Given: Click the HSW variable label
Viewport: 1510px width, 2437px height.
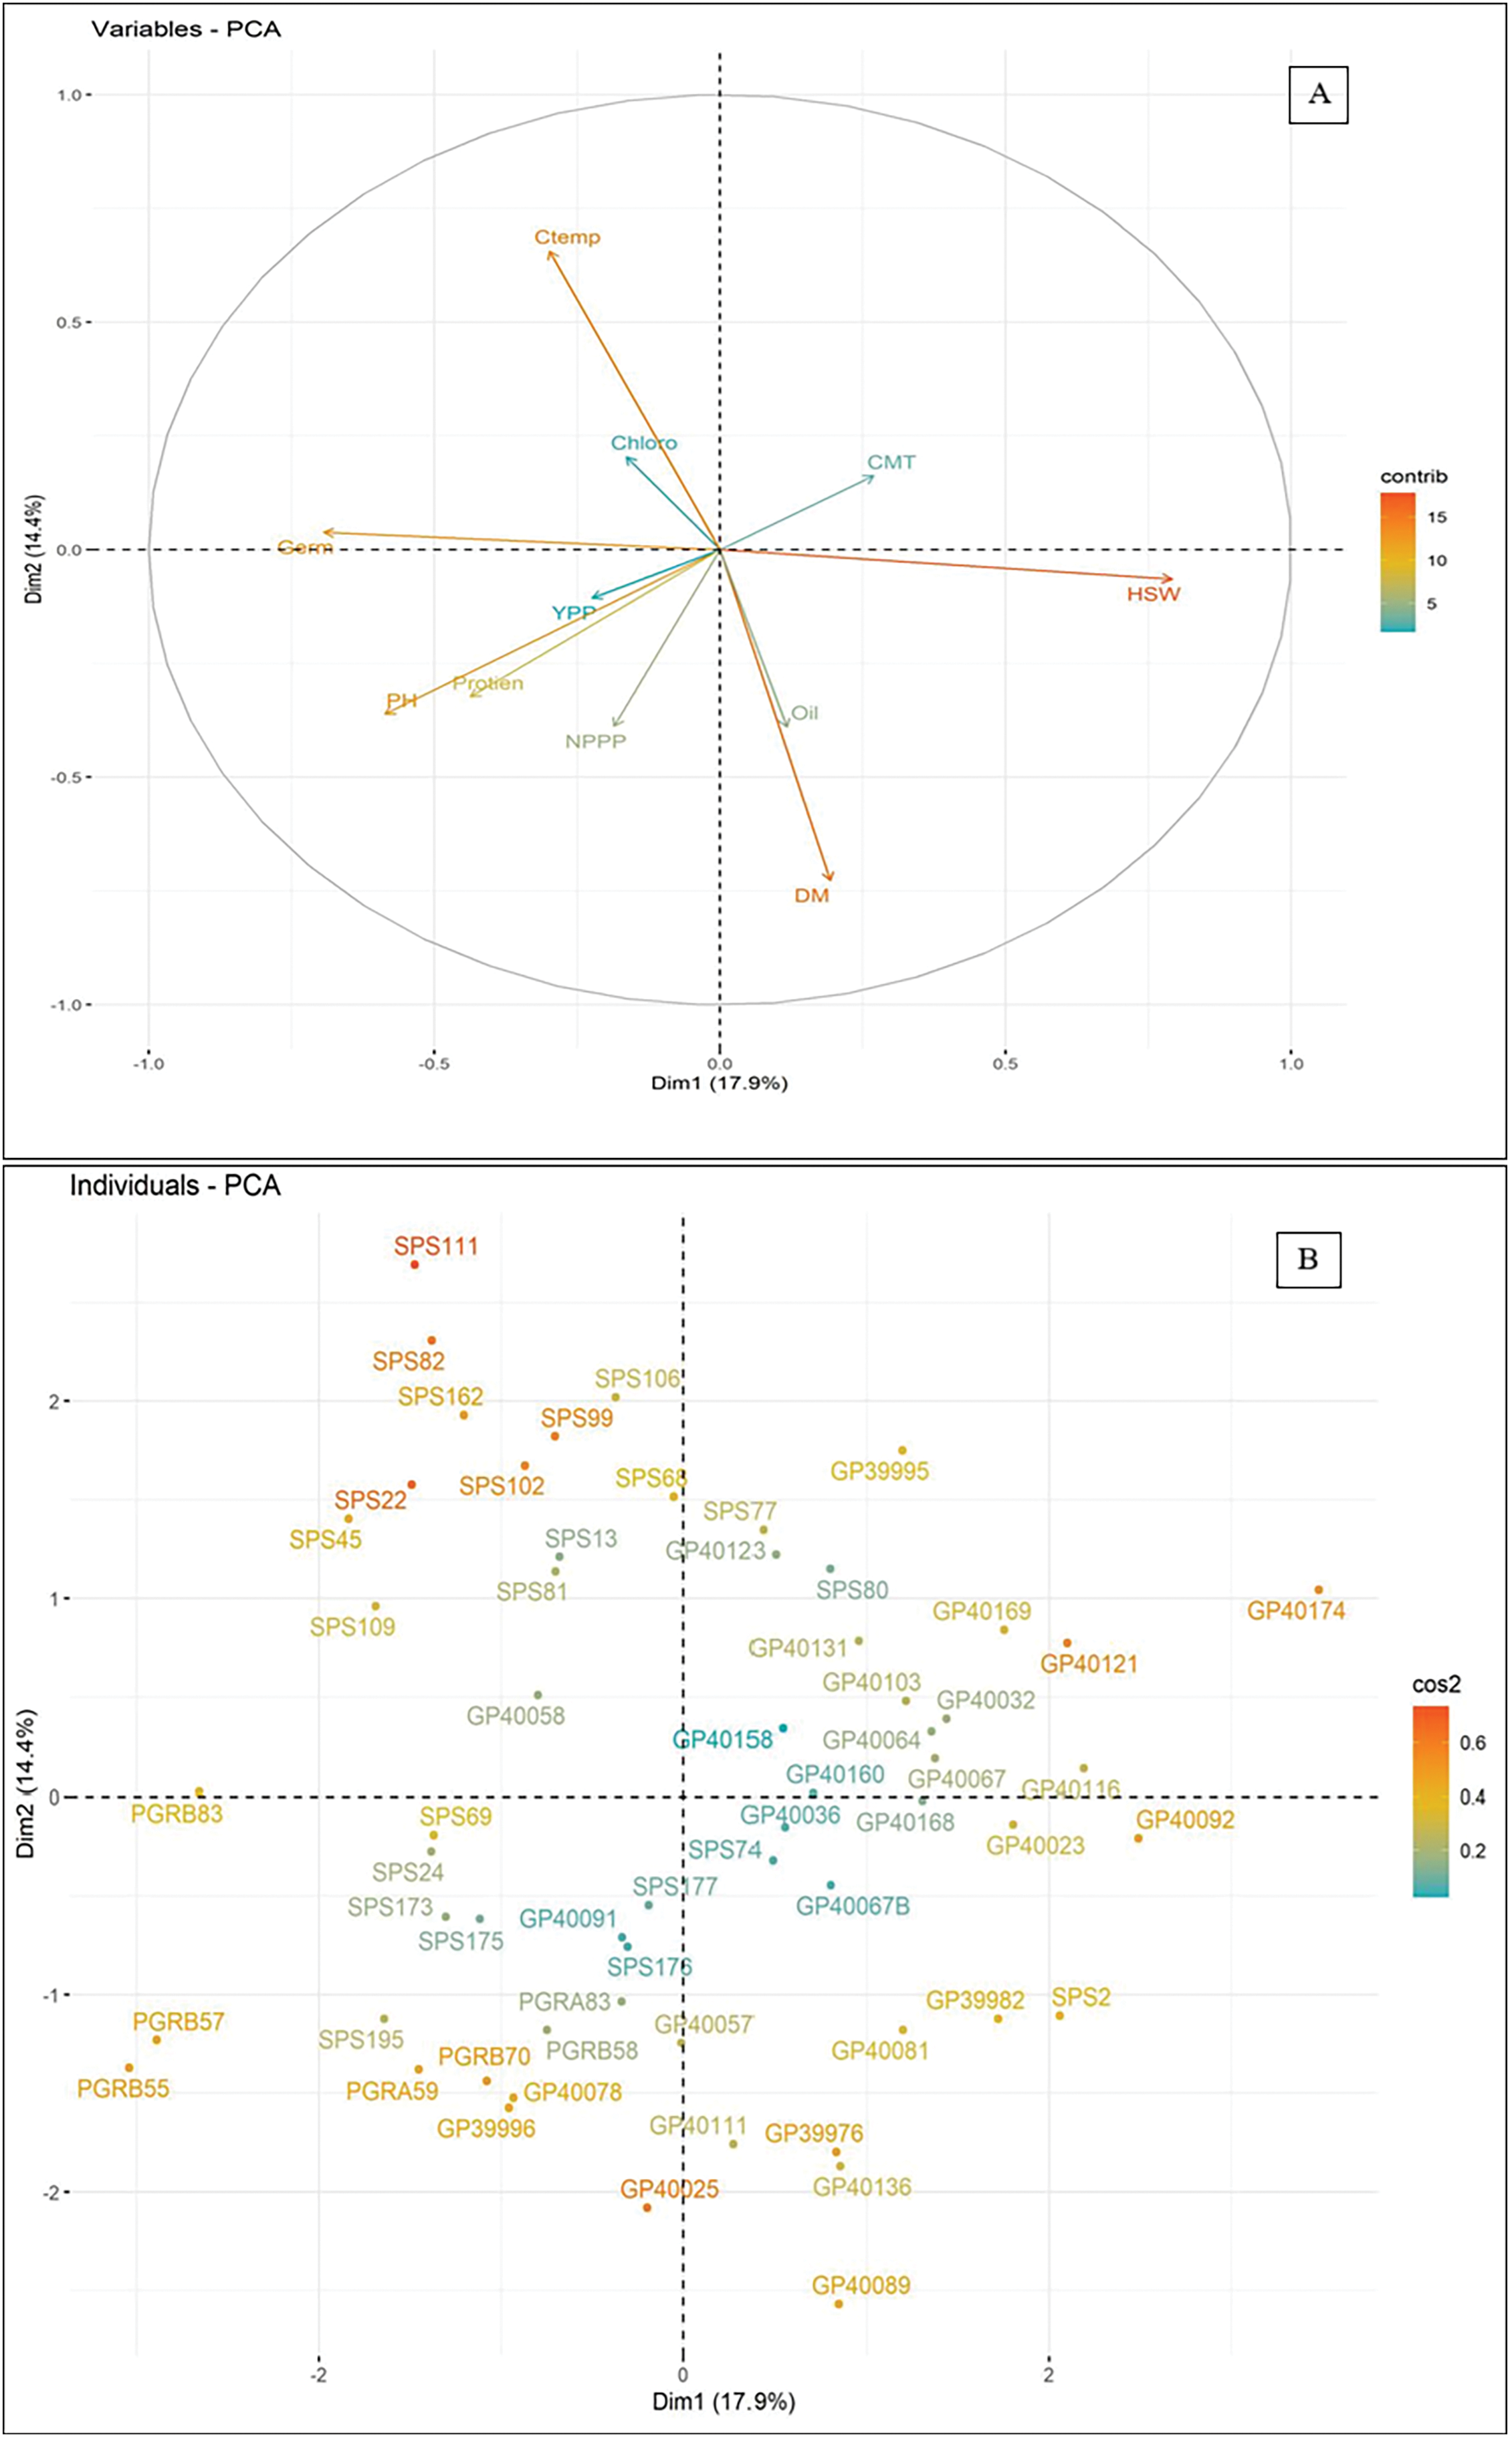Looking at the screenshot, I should [x=1154, y=594].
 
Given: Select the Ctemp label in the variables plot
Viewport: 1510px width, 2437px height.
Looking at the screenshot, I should [x=567, y=237].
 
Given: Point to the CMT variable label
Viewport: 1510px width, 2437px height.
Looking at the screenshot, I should [x=891, y=462].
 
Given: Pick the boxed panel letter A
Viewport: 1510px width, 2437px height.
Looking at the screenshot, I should [x=1318, y=95].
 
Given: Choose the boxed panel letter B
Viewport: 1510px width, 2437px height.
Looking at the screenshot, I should [x=1307, y=1259].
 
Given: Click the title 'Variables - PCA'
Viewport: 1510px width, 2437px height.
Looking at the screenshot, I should [x=186, y=29].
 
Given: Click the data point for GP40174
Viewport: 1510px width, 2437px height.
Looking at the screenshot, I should [x=1318, y=1589].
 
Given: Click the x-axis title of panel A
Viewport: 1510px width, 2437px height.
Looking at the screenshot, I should [x=719, y=1083].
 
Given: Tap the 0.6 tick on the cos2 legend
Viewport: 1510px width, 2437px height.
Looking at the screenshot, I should [x=1473, y=1743].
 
